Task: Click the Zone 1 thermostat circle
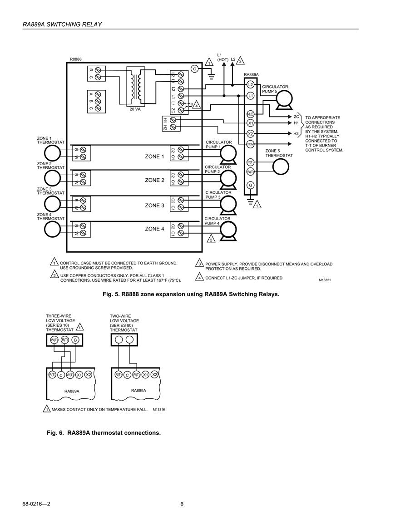53,153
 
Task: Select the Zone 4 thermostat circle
53,229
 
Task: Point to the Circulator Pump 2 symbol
228,180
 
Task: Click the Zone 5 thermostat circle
281,167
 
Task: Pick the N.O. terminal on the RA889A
250,114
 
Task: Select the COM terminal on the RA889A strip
250,144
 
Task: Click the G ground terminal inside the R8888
195,69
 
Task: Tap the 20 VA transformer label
135,109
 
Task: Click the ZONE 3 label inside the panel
154,206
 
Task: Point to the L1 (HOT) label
222,57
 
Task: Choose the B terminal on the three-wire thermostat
75,340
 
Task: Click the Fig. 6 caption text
104,433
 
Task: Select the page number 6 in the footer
182,504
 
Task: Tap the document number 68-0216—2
36,504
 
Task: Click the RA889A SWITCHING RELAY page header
62,24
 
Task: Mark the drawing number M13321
325,280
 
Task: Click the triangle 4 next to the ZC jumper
197,105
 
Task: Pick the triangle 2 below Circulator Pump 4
211,239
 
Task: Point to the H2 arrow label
296,134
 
